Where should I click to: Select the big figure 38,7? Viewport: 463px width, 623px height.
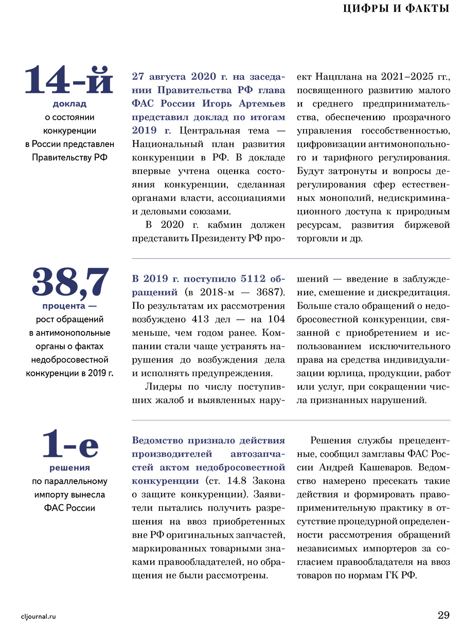[x=70, y=282]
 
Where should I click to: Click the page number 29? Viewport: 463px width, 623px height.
[x=443, y=615]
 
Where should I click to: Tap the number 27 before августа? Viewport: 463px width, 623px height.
[x=138, y=77]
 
